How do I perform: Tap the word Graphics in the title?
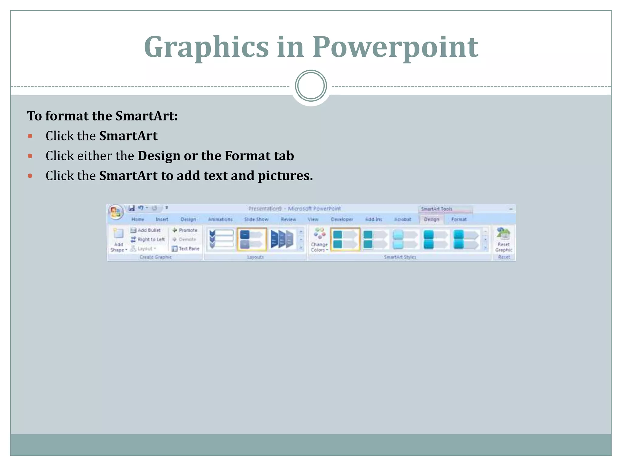click(x=207, y=47)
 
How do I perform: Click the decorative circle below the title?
click(x=311, y=86)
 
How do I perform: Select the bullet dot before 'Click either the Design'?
click(x=30, y=156)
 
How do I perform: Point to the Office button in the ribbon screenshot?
click(x=115, y=211)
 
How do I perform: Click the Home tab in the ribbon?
click(x=138, y=219)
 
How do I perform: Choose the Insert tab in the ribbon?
click(x=162, y=219)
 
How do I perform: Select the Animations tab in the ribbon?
click(x=220, y=219)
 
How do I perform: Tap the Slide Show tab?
click(x=256, y=219)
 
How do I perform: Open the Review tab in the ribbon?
click(x=288, y=219)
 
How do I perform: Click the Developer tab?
click(x=342, y=219)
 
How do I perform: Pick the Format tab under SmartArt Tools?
click(x=459, y=219)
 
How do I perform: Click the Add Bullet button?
click(x=146, y=230)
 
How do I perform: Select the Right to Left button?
click(x=148, y=239)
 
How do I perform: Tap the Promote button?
click(x=185, y=230)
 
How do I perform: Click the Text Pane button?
click(x=186, y=248)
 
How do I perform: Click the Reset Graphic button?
click(x=504, y=240)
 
